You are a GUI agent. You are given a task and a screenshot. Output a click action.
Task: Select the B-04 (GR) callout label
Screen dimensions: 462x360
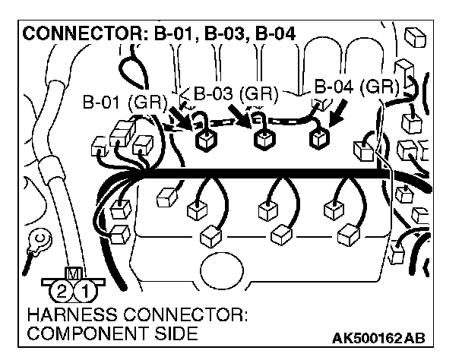coord(356,86)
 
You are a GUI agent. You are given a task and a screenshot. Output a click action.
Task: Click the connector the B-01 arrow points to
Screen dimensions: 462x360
coord(204,141)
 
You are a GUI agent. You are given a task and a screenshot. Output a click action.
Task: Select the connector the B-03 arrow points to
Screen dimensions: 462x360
coord(264,139)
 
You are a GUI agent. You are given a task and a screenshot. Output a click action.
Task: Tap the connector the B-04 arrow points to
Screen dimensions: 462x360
coord(318,139)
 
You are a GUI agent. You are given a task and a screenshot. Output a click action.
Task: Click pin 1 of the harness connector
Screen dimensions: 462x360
coord(87,289)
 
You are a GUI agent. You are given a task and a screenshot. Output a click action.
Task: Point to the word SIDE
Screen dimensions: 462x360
coord(177,333)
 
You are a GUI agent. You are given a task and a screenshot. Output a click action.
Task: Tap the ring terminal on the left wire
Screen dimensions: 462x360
coord(36,242)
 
